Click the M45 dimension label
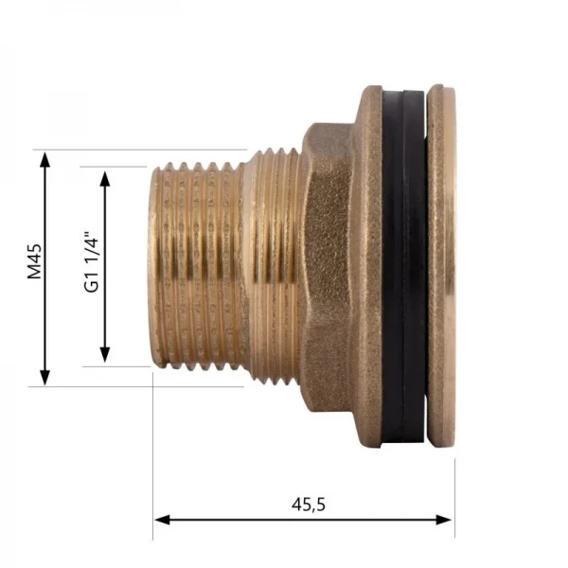(x=34, y=262)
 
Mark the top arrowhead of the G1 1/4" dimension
(x=105, y=175)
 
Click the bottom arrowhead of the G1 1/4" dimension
(x=105, y=355)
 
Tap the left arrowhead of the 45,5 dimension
(x=161, y=519)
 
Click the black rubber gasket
(x=403, y=265)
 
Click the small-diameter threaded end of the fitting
(x=194, y=265)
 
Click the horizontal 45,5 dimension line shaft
(x=237, y=519)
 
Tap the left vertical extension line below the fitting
(x=153, y=454)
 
